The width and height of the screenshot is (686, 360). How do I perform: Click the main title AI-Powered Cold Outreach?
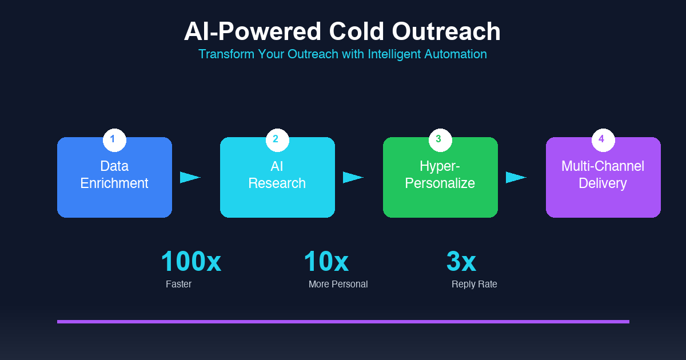(x=342, y=31)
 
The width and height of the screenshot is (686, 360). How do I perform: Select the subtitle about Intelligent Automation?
(x=342, y=54)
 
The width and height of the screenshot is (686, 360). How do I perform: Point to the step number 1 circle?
(x=114, y=139)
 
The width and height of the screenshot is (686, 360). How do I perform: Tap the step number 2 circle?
(x=277, y=139)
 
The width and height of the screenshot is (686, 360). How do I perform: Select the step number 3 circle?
(x=440, y=139)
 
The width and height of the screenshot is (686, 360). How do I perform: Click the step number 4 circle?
(x=603, y=139)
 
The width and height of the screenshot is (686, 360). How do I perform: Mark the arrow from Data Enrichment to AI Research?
(x=190, y=177)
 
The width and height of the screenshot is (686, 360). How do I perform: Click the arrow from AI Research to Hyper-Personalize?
(x=353, y=177)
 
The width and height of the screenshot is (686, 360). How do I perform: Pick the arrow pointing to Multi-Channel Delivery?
(x=516, y=177)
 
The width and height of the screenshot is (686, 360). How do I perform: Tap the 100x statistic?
(x=191, y=262)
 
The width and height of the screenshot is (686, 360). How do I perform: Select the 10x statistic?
(x=326, y=262)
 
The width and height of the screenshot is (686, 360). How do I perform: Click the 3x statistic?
(x=461, y=262)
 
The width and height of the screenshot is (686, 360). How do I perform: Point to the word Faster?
(x=178, y=284)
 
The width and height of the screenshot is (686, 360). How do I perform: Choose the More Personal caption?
(x=338, y=284)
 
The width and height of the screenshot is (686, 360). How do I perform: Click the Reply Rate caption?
(x=474, y=284)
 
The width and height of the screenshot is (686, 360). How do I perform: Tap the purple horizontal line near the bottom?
(x=343, y=322)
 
